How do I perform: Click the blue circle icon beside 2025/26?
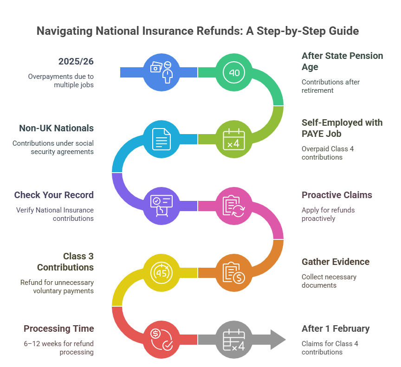coord(162,72)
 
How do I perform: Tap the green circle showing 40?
coord(234,72)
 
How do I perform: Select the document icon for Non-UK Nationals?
coord(162,139)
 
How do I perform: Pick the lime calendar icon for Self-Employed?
coord(234,139)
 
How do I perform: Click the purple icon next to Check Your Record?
coord(162,206)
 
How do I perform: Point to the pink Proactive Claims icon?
coord(234,206)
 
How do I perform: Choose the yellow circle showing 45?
coord(162,272)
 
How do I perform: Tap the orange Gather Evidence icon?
coord(234,272)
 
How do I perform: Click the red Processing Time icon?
coord(162,339)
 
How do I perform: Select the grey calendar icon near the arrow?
coord(234,339)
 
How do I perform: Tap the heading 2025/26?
coord(76,61)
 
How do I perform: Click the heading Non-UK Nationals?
coord(56,128)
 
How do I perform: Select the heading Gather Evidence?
coord(336,262)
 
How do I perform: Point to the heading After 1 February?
coord(336,328)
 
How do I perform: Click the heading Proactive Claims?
coord(337,195)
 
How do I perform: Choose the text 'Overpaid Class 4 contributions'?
coord(324,153)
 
